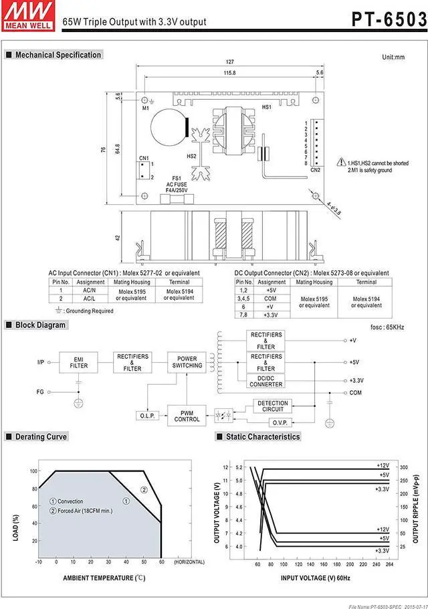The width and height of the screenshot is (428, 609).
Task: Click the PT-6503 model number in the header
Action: coord(389,19)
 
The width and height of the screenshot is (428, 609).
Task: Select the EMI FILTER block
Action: coord(79,362)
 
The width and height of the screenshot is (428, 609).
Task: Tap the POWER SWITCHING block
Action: coord(187,362)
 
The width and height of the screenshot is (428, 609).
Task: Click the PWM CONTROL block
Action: coord(187,416)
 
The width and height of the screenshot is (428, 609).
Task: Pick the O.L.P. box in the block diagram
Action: coord(146,416)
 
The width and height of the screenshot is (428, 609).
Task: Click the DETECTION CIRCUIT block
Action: coord(272,406)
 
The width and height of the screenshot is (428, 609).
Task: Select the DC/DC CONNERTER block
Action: coord(265,381)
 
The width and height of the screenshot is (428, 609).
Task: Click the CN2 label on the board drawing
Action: coord(316,170)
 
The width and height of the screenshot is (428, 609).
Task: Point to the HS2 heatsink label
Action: coord(192,156)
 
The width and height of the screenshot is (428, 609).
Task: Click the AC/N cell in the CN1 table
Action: coord(89,290)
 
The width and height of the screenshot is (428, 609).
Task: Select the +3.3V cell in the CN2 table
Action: coord(271,315)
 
